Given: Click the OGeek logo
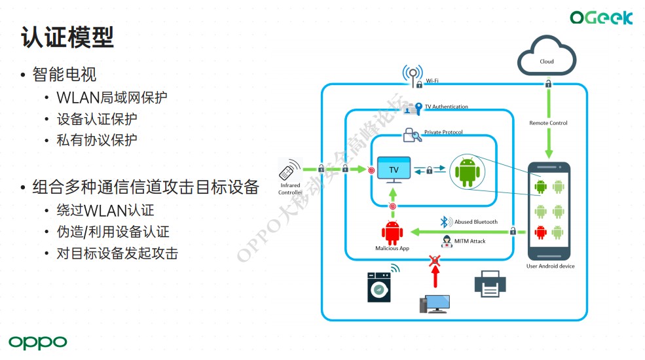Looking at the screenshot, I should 600,18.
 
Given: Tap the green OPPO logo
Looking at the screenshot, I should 38,342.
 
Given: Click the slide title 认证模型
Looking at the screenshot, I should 67,37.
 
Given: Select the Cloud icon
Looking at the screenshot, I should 547,56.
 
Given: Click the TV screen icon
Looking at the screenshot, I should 394,170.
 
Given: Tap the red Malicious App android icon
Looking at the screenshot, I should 392,232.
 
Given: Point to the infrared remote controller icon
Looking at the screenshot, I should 287,173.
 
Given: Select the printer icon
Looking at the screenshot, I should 490,283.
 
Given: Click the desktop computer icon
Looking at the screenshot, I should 434,303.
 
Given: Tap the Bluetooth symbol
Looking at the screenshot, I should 443,221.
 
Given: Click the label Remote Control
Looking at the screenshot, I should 548,123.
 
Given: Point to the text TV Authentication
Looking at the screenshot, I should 447,107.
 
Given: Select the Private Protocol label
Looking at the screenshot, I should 443,132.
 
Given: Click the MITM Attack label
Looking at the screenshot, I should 470,241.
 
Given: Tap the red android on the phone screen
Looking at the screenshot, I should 540,231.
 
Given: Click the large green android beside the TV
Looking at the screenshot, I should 467,171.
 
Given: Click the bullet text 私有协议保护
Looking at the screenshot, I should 97,139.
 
